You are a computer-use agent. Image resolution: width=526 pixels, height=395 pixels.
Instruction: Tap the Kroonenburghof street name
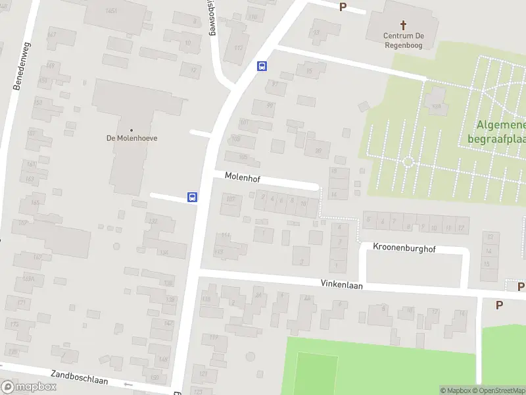[404, 249]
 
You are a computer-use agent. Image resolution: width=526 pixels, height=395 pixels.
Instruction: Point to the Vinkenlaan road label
[341, 286]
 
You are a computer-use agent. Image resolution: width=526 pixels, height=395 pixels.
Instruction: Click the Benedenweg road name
[23, 66]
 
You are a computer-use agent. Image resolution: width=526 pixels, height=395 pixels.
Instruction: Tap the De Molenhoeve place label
[131, 138]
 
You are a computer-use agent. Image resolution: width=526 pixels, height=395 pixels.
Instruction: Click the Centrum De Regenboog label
[403, 41]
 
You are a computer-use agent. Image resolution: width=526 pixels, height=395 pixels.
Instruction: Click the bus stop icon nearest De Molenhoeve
[193, 197]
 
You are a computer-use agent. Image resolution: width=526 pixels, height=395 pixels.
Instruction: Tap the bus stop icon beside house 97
[262, 66]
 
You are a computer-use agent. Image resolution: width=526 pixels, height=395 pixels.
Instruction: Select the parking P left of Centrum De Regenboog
[342, 7]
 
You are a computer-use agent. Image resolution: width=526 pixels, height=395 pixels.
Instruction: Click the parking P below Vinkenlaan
[499, 305]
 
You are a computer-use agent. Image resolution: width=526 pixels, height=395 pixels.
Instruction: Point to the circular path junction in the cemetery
[408, 161]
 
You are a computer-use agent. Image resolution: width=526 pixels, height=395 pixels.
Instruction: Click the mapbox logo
[29, 387]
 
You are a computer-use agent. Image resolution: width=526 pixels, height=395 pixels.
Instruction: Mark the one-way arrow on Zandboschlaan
[128, 383]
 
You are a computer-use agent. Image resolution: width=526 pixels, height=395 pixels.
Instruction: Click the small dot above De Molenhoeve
[131, 130]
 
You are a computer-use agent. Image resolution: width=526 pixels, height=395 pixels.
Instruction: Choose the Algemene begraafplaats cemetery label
[496, 132]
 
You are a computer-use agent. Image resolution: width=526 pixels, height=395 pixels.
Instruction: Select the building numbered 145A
[111, 11]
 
